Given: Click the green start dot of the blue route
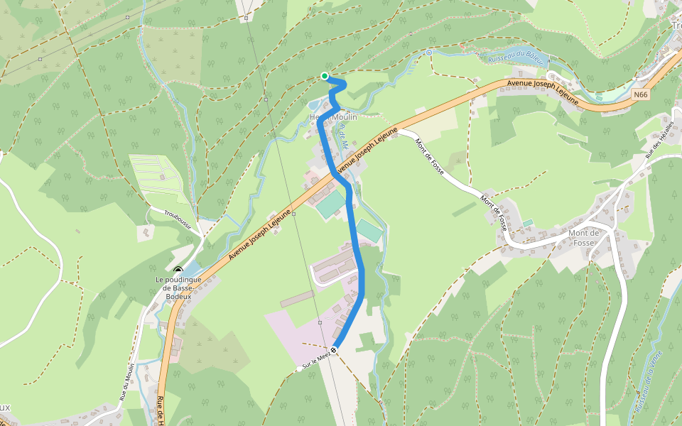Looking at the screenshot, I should point(325,76).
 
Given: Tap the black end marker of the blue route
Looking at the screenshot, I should point(333,349).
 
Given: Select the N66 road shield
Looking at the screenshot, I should point(642,94).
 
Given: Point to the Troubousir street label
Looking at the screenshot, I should point(178,212).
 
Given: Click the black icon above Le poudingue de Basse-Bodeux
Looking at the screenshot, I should point(177,270).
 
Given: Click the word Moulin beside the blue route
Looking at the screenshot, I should point(343,116).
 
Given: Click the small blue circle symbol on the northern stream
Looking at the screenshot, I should point(428,52).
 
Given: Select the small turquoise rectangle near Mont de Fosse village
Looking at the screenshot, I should point(528,223).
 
